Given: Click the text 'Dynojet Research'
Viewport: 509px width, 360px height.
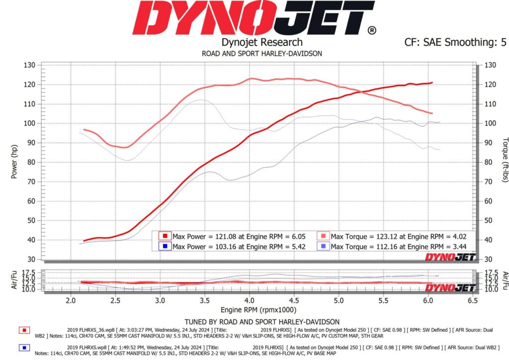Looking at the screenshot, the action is pos(262,42).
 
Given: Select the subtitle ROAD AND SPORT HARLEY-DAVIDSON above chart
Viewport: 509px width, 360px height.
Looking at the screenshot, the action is pos(262,54).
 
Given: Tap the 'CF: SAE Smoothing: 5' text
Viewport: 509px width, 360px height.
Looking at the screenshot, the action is pos(455,42).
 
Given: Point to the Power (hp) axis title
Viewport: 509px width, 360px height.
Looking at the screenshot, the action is pos(14,162).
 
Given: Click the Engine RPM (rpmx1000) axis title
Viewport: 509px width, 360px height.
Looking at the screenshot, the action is pos(258,310).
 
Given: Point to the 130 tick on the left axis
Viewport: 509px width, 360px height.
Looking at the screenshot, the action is pos(29,65).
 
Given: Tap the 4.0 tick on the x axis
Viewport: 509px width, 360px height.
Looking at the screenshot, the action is pos(250,301).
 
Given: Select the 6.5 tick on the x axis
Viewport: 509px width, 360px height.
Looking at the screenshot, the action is pos(473,301).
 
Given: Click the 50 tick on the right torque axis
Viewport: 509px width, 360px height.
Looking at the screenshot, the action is pos(490,220).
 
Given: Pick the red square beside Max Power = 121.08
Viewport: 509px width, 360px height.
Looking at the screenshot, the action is pos(165,236).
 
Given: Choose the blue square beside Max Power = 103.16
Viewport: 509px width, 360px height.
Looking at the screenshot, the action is pos(165,247).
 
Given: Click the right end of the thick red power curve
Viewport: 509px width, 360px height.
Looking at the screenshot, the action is pos(432,83).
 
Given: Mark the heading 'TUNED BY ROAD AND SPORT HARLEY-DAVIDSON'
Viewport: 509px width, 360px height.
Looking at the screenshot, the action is pos(262,322).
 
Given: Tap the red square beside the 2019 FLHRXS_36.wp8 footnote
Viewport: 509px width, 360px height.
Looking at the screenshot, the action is pos(24,331).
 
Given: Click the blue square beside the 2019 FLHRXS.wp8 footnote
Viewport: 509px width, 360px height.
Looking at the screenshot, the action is pos(24,348).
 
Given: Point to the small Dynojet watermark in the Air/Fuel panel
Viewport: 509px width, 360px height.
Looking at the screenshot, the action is pos(450,287).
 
